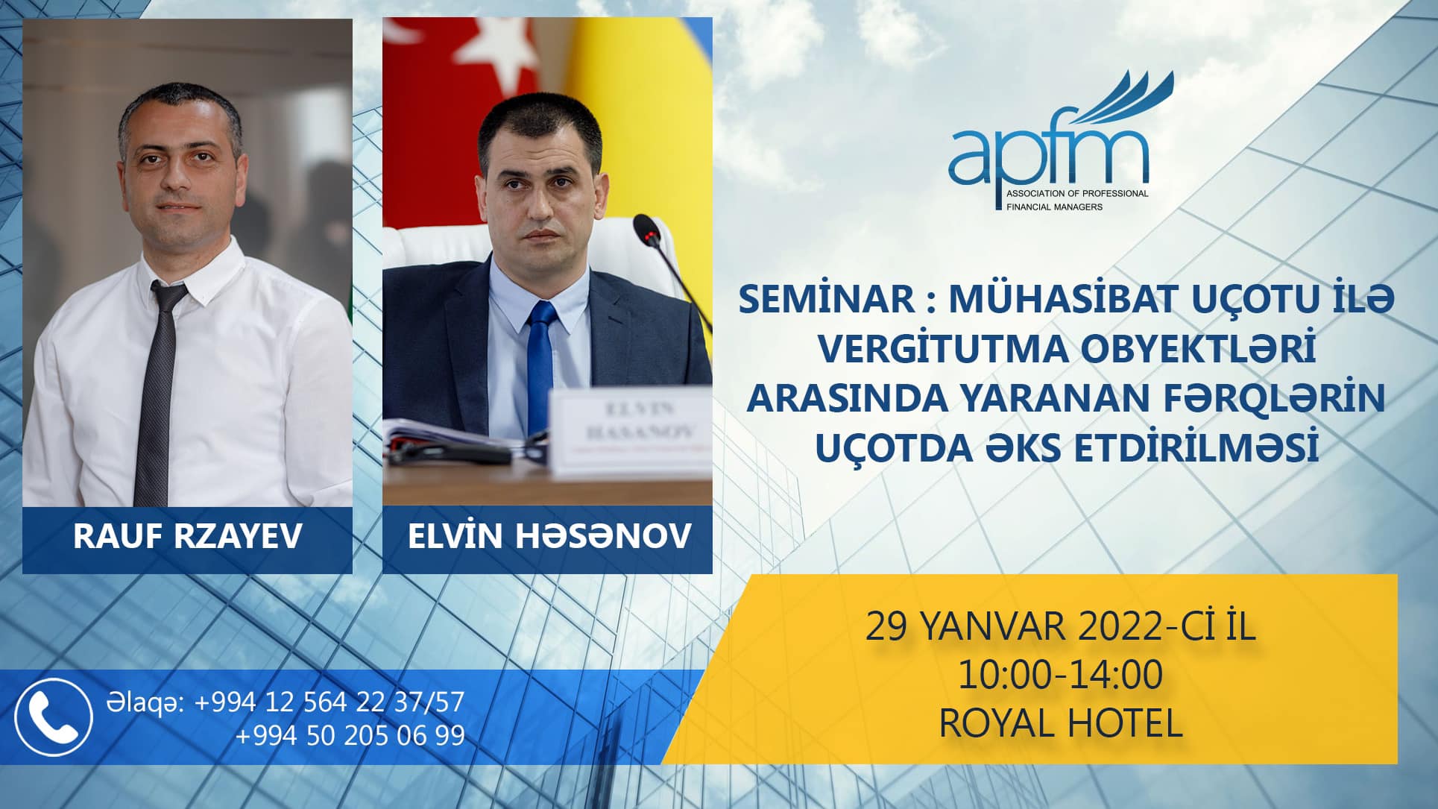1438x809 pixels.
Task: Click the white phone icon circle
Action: click(54, 717)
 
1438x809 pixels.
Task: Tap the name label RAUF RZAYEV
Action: click(187, 537)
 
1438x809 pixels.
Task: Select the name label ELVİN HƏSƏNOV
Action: click(549, 537)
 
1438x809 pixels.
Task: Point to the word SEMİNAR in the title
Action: click(826, 300)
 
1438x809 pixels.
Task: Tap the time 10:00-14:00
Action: click(1060, 676)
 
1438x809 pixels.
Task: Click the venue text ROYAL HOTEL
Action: click(1061, 723)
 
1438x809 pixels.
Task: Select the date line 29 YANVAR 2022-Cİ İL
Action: click(1060, 627)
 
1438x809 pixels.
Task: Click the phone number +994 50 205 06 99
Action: click(350, 735)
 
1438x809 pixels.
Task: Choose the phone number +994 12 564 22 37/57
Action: click(329, 702)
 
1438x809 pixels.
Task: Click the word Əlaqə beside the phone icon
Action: click(146, 703)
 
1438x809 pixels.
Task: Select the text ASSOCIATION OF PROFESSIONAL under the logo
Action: click(1077, 194)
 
